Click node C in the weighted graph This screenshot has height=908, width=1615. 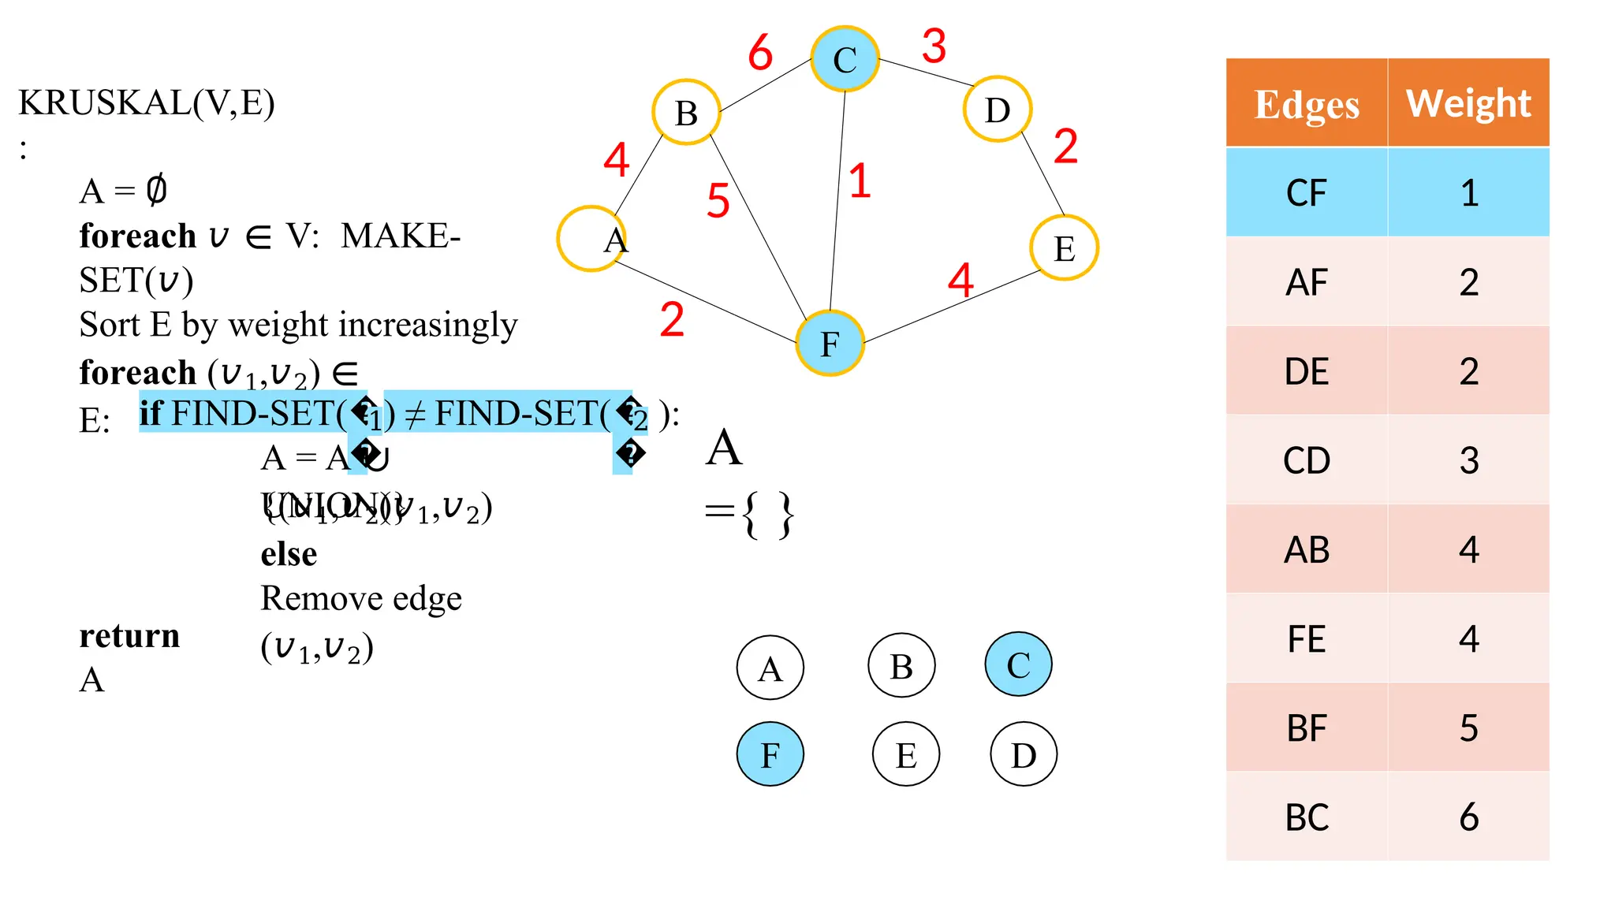click(845, 59)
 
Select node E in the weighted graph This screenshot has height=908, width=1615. click(1064, 248)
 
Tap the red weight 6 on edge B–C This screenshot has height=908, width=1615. click(760, 53)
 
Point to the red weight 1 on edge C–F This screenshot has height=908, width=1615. click(860, 180)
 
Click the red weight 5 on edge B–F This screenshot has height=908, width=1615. click(718, 200)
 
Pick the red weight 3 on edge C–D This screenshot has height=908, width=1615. click(934, 46)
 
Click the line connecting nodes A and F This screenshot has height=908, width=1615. click(706, 302)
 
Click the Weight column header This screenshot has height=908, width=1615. click(1468, 103)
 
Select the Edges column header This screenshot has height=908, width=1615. click(1307, 103)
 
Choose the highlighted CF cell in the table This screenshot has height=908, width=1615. click(1307, 193)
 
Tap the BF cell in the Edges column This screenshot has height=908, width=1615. click(1307, 728)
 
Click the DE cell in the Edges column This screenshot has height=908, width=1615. click(1307, 371)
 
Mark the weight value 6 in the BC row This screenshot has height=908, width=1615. click(1468, 817)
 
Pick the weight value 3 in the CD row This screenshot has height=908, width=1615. click(1468, 460)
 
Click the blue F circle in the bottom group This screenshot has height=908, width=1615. click(770, 754)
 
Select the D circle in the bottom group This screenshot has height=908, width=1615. click(1024, 754)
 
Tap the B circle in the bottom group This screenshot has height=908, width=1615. click(901, 666)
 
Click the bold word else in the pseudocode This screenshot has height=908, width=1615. click(289, 554)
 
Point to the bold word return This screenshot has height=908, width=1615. click(129, 635)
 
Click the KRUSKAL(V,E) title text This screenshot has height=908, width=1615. click(147, 102)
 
